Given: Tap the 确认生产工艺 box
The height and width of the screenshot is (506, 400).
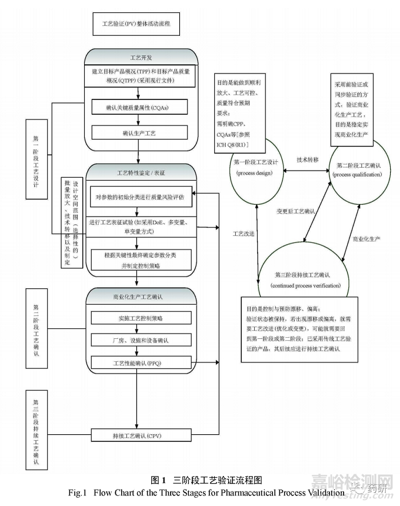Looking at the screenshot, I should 139,134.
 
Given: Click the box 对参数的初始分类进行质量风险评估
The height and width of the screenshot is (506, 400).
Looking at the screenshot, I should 141,197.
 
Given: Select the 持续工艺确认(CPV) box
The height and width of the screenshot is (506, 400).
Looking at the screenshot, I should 136,436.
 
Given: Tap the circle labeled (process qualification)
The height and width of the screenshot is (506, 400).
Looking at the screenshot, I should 358,169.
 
